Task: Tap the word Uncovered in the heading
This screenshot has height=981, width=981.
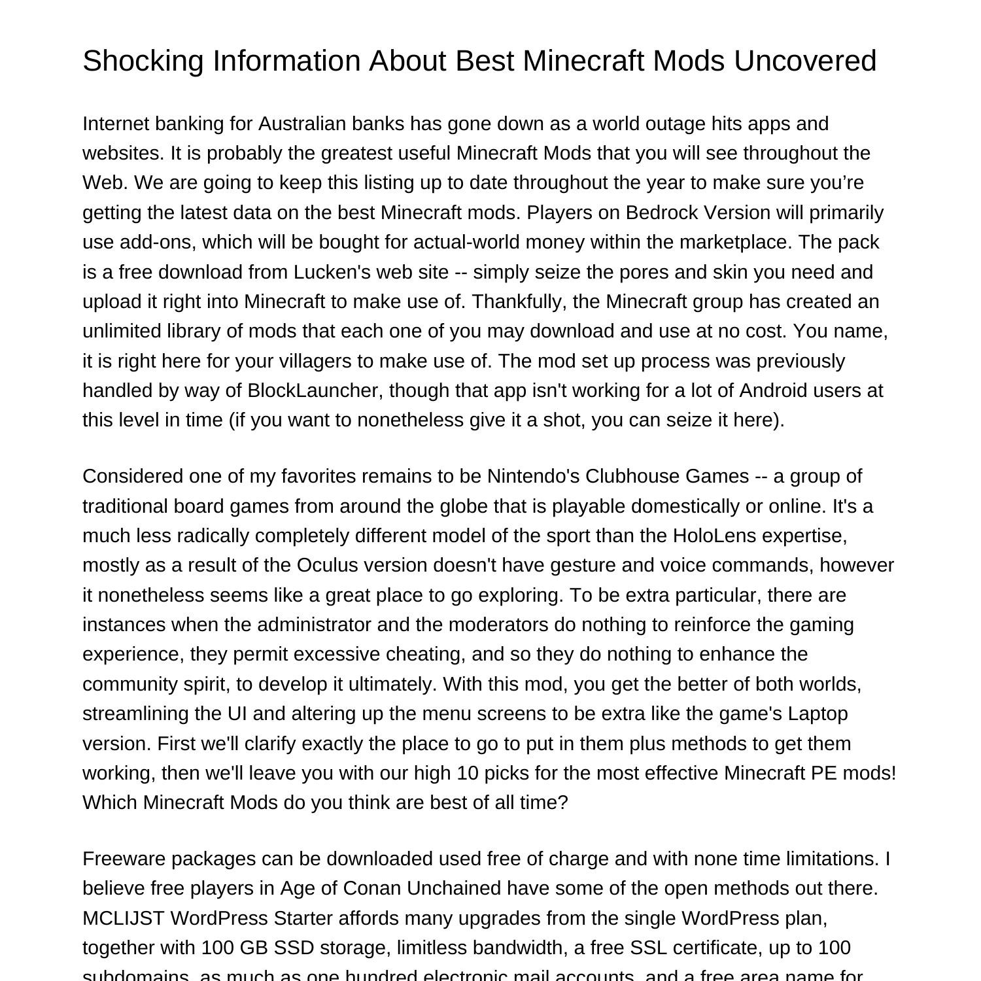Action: pyautogui.click(x=804, y=61)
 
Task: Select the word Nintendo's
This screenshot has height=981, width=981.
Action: pyautogui.click(x=533, y=476)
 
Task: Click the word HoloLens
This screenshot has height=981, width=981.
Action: pyautogui.click(x=715, y=536)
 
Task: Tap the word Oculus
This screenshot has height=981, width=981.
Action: pyautogui.click(x=326, y=565)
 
